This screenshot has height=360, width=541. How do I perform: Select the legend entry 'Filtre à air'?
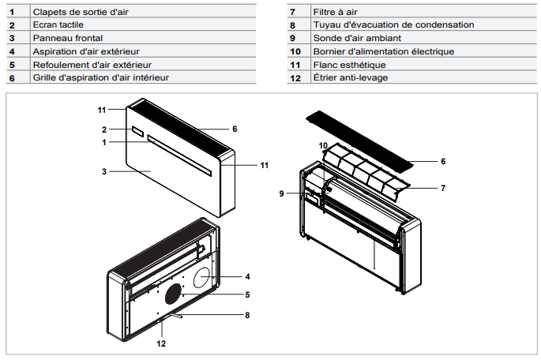tap(335, 13)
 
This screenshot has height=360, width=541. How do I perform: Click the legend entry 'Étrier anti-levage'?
tap(351, 78)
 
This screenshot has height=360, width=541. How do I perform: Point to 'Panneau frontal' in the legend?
tap(67, 38)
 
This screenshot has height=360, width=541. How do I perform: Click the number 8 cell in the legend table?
tap(292, 25)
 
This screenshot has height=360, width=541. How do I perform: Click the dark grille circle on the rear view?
tap(174, 296)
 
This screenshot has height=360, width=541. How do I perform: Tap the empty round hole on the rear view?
tap(202, 276)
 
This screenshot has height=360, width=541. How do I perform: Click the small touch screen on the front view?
tap(137, 130)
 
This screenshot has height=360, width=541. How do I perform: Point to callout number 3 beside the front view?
tap(103, 171)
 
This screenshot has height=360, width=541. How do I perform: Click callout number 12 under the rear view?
tap(161, 343)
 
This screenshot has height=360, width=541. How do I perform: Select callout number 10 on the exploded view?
tap(323, 146)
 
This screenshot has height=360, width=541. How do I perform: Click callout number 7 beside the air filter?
tap(443, 188)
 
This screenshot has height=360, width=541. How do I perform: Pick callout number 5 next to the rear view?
tap(247, 294)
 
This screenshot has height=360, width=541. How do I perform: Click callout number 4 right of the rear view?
tap(247, 276)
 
